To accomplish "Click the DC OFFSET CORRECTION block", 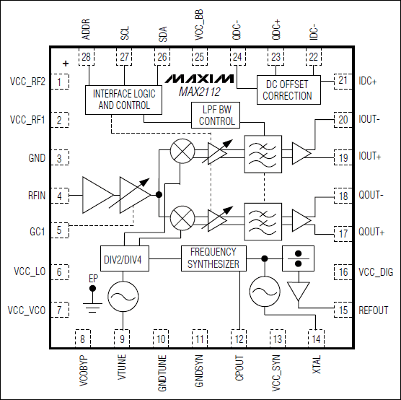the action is pyautogui.click(x=288, y=90).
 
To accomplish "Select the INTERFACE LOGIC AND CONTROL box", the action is pyautogui.click(x=123, y=100).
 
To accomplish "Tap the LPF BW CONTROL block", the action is pyautogui.click(x=216, y=115).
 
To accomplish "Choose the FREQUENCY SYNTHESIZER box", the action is pyautogui.click(x=213, y=258).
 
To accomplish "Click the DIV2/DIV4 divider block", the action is pyautogui.click(x=125, y=258).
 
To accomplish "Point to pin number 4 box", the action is pyautogui.click(x=60, y=196).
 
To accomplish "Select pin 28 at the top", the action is pyautogui.click(x=86, y=57).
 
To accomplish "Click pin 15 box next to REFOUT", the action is pyautogui.click(x=343, y=310).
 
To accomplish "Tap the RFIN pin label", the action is pyautogui.click(x=37, y=196).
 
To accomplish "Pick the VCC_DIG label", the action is pyautogui.click(x=376, y=272).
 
